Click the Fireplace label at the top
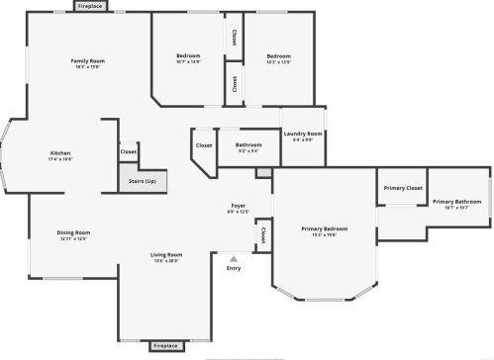tap(90, 6)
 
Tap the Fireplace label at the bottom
tap(166, 346)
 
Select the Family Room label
tap(88, 61)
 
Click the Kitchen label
tap(60, 153)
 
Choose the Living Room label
tap(166, 255)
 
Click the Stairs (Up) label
tap(143, 181)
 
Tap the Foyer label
tap(239, 205)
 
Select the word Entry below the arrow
tap(234, 268)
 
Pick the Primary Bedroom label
tap(324, 228)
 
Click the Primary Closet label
tap(403, 187)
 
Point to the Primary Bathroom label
tap(455, 202)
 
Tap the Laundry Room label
tap(302, 134)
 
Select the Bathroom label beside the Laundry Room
tap(248, 144)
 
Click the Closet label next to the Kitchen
tap(129, 152)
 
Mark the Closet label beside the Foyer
tap(262, 235)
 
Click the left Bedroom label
tap(188, 55)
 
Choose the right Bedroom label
tap(278, 55)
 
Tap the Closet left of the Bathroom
tap(204, 145)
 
